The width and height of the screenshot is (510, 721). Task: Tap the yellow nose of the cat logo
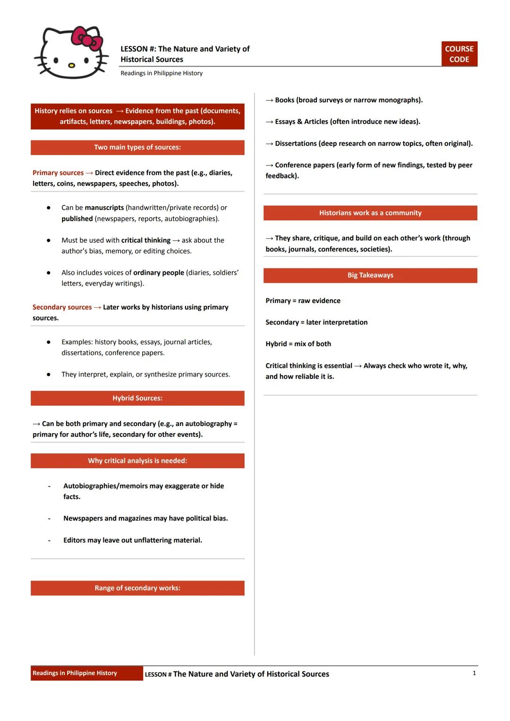point(71,65)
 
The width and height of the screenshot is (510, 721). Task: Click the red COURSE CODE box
point(459,54)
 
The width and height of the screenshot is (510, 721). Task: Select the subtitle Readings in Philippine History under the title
point(161,73)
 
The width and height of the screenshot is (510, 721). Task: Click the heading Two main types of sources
point(137,148)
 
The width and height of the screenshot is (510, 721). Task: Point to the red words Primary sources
point(58,173)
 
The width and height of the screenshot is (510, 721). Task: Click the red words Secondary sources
point(62,307)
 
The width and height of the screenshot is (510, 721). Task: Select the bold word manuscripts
point(104,208)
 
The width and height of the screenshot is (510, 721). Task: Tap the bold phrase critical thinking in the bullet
point(146,240)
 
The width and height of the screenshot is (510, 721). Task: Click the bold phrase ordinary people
point(159,273)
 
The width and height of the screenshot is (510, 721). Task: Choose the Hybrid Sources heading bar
point(137,398)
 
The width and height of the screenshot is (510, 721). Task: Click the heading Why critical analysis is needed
point(137,460)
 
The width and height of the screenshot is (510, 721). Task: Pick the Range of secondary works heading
point(137,588)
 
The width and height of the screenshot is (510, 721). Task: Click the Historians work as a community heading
point(370,213)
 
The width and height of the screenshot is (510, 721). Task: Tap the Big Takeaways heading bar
point(370,275)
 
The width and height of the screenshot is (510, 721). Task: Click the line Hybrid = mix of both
point(298,344)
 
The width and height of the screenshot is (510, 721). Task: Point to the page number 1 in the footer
point(474,673)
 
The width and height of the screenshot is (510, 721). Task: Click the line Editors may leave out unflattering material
point(133,540)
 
